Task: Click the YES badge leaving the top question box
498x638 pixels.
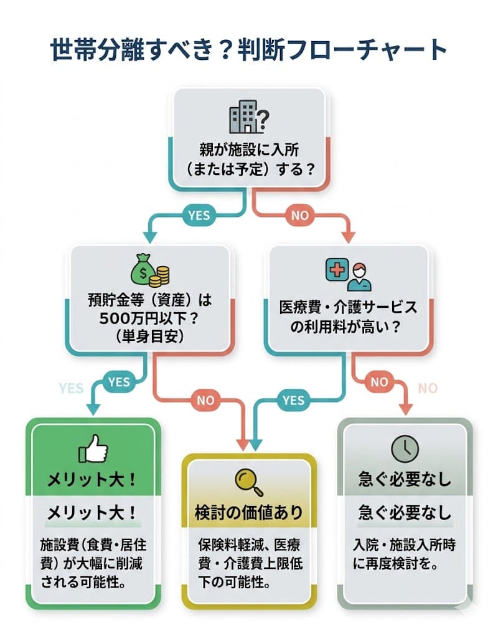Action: pyautogui.click(x=199, y=216)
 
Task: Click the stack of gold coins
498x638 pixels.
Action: pyautogui.click(x=163, y=274)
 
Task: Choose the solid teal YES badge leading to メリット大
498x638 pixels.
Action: pyautogui.click(x=119, y=381)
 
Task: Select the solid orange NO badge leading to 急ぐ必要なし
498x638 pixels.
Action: pyautogui.click(x=379, y=381)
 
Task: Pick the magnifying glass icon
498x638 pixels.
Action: pyautogui.click(x=249, y=479)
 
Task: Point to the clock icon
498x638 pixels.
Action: pyautogui.click(x=405, y=448)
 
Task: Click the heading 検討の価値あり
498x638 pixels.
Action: pyautogui.click(x=249, y=512)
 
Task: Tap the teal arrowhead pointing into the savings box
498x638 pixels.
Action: pyautogui.click(x=149, y=237)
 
